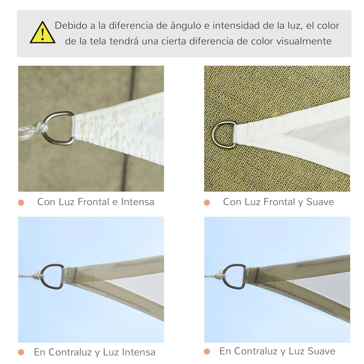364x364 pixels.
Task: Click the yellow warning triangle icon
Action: [x=42, y=32]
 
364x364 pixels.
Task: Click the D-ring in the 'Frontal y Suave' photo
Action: [x=214, y=134]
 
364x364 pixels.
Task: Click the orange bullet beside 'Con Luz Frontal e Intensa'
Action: [x=21, y=203]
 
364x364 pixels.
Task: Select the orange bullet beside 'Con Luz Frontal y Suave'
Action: [x=207, y=203]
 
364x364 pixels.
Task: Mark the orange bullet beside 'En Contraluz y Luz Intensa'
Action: [x=21, y=352]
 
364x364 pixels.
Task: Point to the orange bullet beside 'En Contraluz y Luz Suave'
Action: [x=207, y=351]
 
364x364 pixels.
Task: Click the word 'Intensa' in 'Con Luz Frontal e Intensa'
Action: [x=138, y=202]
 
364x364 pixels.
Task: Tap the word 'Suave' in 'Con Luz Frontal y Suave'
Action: [x=320, y=202]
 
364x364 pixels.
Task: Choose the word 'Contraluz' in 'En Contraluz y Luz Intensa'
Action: [x=70, y=352]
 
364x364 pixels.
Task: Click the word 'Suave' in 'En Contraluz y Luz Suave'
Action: [x=322, y=351]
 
